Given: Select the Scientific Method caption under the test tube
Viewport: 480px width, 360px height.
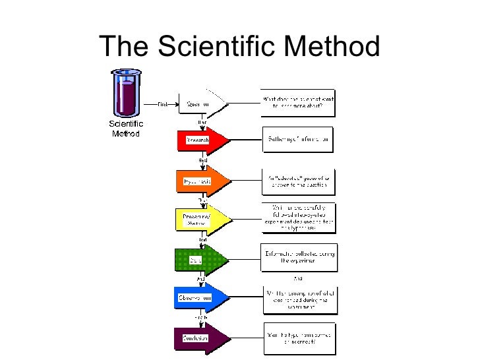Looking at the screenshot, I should point(125,128).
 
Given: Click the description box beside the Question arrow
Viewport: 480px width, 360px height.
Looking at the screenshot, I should point(298,104).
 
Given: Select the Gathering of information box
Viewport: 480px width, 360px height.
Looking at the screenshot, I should point(298,140).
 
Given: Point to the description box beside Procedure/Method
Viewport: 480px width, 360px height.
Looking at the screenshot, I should point(298,218).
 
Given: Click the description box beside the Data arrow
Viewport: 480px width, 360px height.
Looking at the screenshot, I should point(298,258).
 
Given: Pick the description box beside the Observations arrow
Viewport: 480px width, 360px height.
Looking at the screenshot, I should point(298,300).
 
